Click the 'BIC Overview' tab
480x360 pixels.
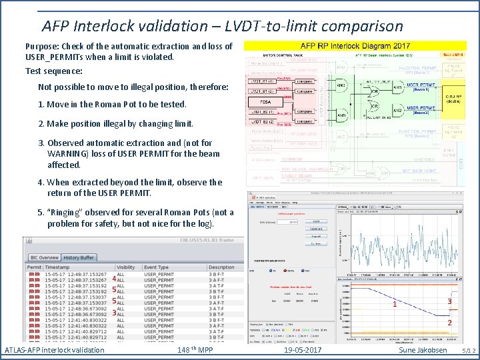tap(43, 257)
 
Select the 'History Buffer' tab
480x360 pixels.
tap(79, 257)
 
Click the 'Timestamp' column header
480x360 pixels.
tap(59, 267)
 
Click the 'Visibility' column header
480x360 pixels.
tap(126, 267)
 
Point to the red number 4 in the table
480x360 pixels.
tap(114, 279)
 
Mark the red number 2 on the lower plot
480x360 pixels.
tap(449, 323)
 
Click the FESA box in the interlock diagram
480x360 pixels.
tap(264, 101)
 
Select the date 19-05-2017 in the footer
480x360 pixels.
tap(302, 350)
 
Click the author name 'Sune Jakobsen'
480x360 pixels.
tap(423, 350)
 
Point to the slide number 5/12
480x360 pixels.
tap(469, 350)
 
